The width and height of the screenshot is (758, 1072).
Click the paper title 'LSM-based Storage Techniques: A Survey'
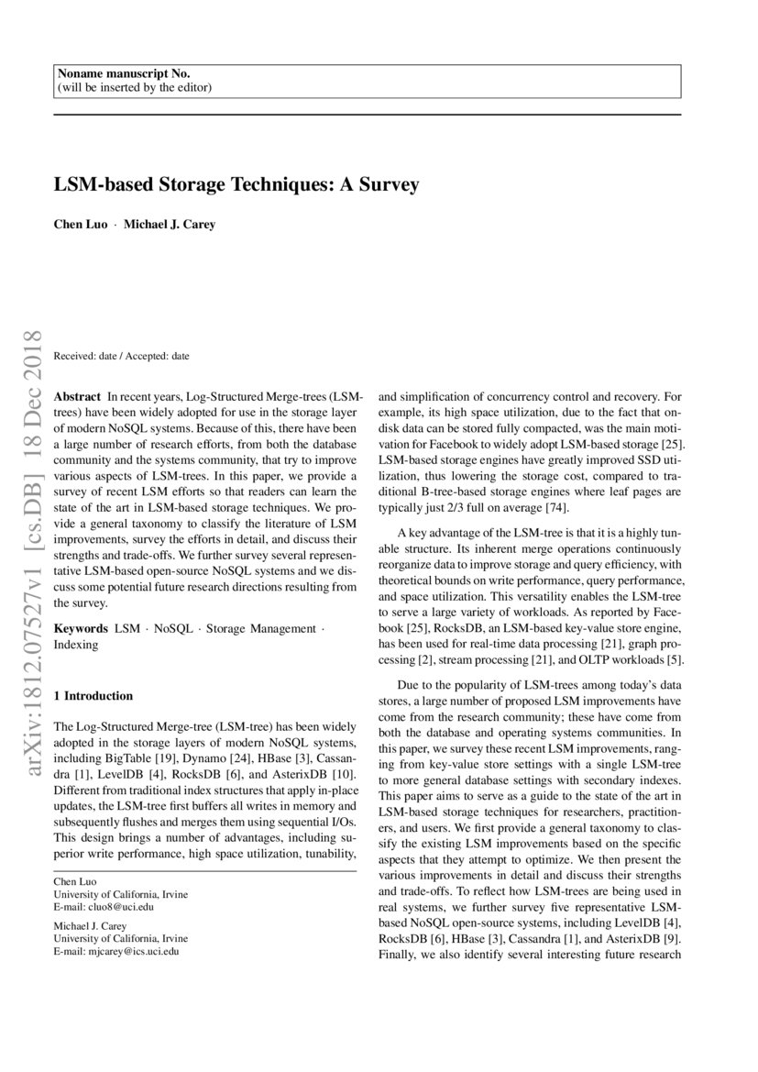click(x=236, y=184)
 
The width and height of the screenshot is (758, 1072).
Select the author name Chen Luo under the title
click(x=81, y=224)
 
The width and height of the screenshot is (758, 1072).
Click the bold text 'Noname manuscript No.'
click(x=124, y=73)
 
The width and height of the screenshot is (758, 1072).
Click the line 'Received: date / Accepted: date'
click(x=122, y=355)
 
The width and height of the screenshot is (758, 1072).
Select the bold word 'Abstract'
click(x=77, y=397)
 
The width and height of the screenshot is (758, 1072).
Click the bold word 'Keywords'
click(x=81, y=629)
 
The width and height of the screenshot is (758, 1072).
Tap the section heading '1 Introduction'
click(x=93, y=696)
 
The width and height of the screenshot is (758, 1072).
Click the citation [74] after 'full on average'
click(x=557, y=508)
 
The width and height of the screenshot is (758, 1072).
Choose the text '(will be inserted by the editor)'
click(x=134, y=87)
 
